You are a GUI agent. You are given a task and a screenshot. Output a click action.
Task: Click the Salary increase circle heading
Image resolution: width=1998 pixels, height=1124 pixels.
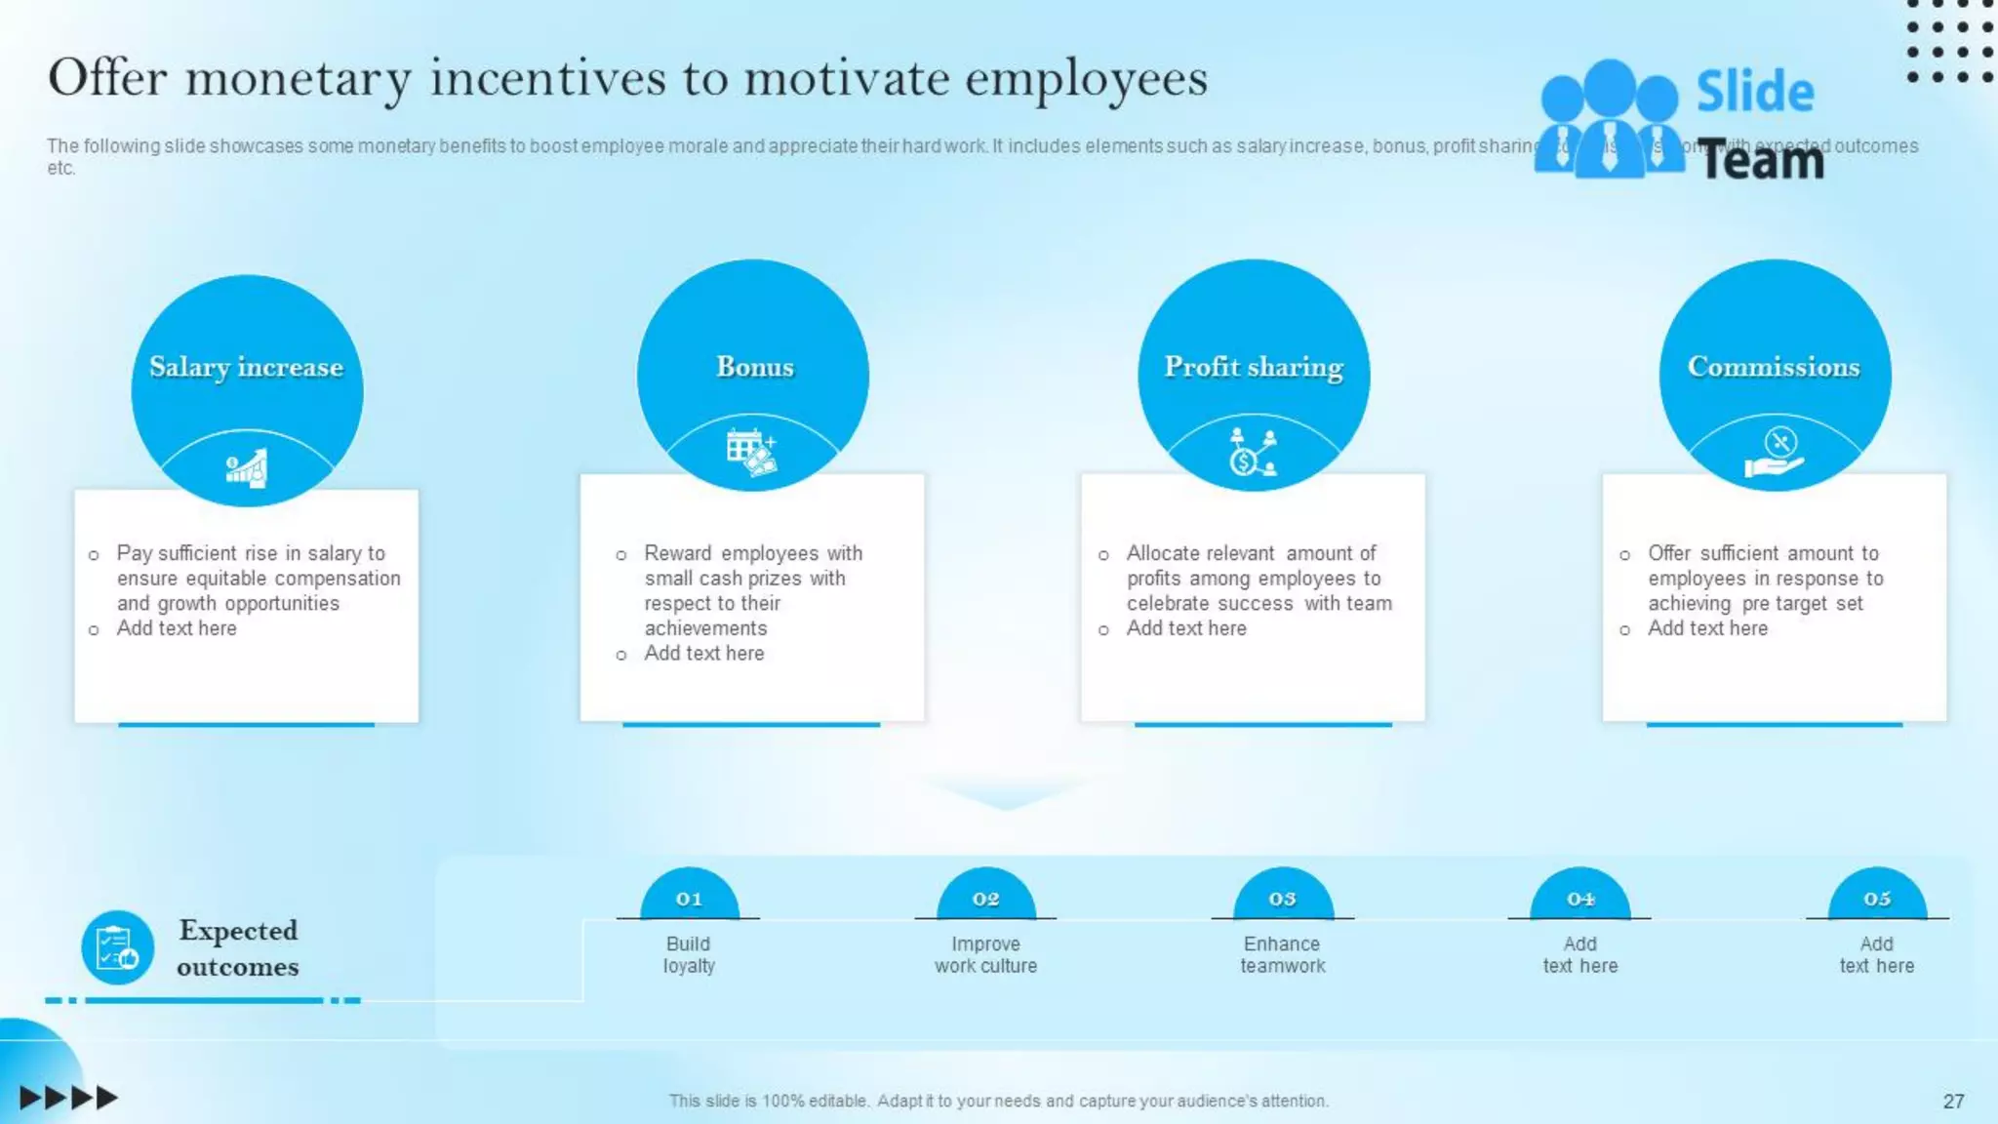coord(246,367)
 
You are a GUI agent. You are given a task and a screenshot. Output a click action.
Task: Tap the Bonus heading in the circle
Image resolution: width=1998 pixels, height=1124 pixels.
coord(754,367)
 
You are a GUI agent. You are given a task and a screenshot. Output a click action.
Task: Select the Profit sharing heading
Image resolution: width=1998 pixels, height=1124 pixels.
coord(1254,367)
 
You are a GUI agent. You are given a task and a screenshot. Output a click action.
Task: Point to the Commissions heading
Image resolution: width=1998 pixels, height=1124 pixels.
coord(1774,367)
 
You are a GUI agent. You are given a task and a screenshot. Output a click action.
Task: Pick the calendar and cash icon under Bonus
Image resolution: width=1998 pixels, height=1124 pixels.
coord(751,452)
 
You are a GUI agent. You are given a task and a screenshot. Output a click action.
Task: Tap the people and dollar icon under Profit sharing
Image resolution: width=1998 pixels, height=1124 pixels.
coord(1253,452)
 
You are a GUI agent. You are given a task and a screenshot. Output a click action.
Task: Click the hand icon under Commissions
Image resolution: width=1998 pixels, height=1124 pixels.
coord(1775,454)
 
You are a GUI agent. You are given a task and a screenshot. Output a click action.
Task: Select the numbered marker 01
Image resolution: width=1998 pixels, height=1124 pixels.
coord(689,899)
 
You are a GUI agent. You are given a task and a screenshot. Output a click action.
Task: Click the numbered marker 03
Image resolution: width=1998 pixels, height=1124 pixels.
coord(1282,899)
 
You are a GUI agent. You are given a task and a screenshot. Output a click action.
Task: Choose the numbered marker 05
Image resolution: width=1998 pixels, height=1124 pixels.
coord(1876,899)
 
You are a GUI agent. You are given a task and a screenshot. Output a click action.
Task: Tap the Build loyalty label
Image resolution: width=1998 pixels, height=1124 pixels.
coord(689,954)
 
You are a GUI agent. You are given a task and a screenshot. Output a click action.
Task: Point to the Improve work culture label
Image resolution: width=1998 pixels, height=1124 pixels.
coord(985,954)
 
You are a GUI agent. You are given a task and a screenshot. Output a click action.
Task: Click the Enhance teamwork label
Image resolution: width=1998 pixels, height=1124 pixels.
coord(1282,954)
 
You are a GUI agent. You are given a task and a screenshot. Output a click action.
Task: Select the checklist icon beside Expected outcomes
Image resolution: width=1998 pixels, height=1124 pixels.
coord(117,947)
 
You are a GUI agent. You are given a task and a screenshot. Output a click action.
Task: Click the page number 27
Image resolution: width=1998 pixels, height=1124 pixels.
coord(1953,1101)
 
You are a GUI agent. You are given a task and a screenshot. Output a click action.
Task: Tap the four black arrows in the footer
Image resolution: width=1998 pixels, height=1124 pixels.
coord(68,1098)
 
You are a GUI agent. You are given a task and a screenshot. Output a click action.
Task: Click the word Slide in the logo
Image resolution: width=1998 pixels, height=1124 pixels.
coord(1754,92)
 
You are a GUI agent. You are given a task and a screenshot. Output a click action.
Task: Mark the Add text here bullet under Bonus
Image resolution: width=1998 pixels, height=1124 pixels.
coord(703,654)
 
